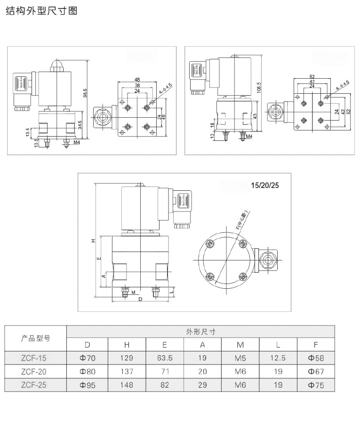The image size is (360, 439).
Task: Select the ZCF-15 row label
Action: (33, 358)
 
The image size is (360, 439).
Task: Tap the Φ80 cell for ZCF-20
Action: (87, 372)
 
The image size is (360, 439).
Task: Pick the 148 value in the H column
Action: (127, 385)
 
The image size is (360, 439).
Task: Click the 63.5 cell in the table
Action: (165, 358)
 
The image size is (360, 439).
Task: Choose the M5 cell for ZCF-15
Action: (240, 358)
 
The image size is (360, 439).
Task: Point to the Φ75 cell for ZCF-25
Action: (316, 385)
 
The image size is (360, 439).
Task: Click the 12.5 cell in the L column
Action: (278, 358)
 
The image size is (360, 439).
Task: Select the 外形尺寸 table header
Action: (200, 331)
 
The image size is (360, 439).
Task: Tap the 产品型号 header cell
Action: (36, 338)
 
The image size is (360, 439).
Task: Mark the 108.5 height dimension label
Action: (259, 87)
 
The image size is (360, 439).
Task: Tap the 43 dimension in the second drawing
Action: (256, 116)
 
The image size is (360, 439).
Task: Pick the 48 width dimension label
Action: (137, 80)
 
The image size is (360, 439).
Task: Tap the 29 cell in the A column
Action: (202, 385)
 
